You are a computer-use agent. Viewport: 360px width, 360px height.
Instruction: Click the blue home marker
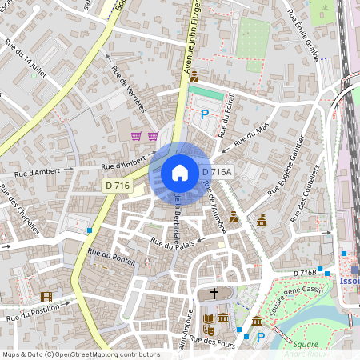(179, 172)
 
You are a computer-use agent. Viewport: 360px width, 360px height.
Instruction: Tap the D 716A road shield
(216, 172)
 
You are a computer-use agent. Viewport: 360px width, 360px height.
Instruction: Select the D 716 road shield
(117, 186)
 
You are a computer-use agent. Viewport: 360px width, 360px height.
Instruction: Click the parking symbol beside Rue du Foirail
(204, 114)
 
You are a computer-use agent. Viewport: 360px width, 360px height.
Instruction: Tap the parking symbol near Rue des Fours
(259, 337)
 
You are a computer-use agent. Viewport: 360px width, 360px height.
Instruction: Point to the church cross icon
(213, 294)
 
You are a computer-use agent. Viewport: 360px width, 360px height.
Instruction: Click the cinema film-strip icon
(46, 297)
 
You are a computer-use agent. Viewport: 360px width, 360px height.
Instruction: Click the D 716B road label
(305, 273)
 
